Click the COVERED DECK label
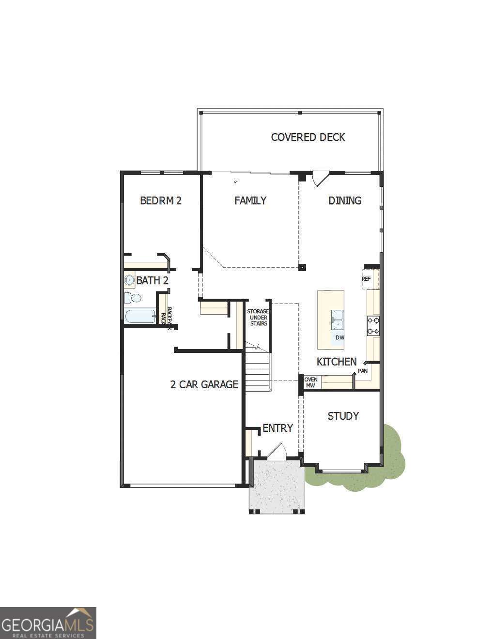[x=308, y=137]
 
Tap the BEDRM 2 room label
[x=160, y=200]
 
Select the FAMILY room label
[x=250, y=200]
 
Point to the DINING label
[x=344, y=200]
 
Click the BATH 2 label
[x=152, y=280]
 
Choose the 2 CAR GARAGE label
[x=204, y=384]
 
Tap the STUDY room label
[x=343, y=416]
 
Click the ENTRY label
[x=278, y=428]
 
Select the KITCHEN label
[x=337, y=362]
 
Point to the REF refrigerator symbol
[x=367, y=279]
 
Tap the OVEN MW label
[x=310, y=382]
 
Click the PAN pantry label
[x=363, y=371]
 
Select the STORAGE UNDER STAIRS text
[x=258, y=318]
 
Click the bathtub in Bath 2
[x=140, y=317]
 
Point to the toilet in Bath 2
[x=132, y=297]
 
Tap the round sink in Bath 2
[x=129, y=280]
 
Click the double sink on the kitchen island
[x=337, y=319]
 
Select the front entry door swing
[x=277, y=451]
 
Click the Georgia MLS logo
[x=48, y=623]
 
